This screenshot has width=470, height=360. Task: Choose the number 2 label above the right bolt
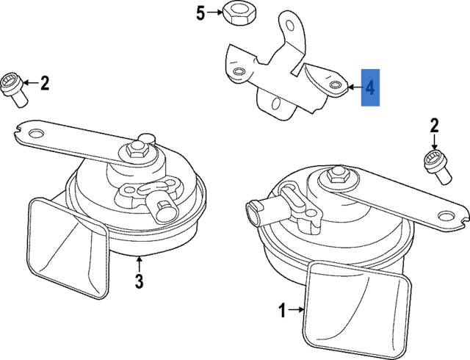[x=434, y=126]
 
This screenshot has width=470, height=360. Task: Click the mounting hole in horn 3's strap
[x=32, y=134]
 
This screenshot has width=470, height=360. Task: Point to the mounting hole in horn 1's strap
[x=445, y=216]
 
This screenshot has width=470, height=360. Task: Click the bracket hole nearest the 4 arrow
[x=335, y=86]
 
